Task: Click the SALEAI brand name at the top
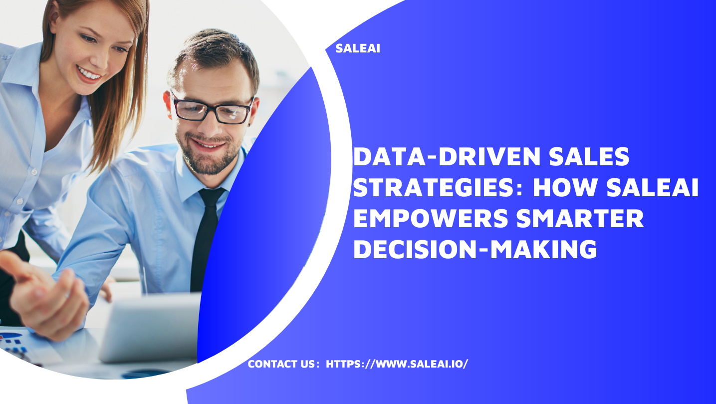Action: pyautogui.click(x=358, y=48)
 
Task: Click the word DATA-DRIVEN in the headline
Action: pyautogui.click(x=447, y=157)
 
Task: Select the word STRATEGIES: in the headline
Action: pyautogui.click(x=438, y=187)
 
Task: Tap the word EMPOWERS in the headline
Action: pyautogui.click(x=431, y=218)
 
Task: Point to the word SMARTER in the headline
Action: pyautogui.click(x=580, y=218)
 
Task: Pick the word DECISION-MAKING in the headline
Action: pyautogui.click(x=475, y=250)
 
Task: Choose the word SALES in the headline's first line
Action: pyautogui.click(x=589, y=157)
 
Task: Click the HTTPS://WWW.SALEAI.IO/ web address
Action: pyautogui.click(x=397, y=364)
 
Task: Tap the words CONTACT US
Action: pyautogui.click(x=281, y=364)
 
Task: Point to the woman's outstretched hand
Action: pyautogui.click(x=45, y=294)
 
